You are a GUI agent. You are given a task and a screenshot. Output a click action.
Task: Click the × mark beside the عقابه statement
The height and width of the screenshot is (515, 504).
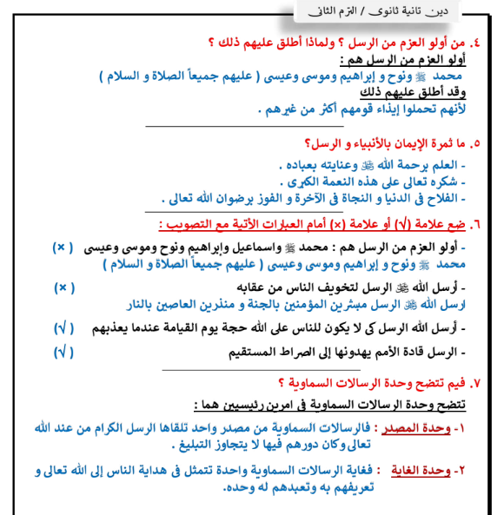click(64, 287)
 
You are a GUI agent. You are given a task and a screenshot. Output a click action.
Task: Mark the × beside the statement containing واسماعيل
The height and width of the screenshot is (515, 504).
click(64, 247)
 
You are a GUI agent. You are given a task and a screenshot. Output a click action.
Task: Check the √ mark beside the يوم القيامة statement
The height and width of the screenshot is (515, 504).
click(64, 329)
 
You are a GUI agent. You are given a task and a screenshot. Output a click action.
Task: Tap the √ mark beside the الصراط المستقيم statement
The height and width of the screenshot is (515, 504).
click(64, 352)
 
